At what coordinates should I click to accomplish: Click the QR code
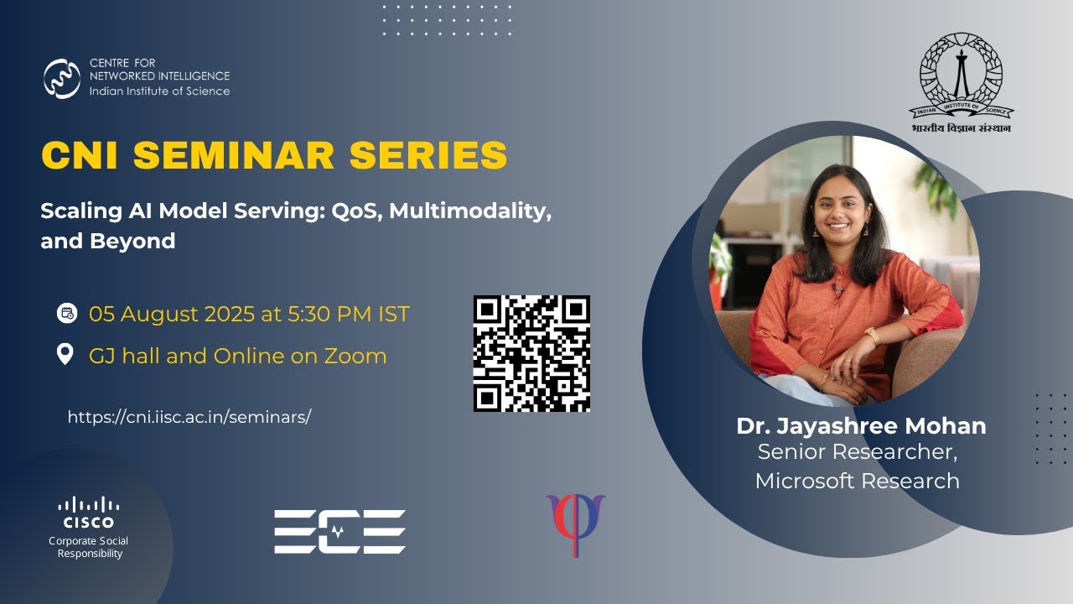tap(531, 353)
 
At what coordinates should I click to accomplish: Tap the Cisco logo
tap(88, 513)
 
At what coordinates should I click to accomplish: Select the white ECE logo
tap(340, 532)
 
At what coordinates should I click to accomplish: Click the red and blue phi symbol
tap(575, 523)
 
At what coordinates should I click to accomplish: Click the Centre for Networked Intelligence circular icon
tap(62, 79)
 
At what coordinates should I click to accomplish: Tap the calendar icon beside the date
tap(66, 314)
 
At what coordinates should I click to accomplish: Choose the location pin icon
tap(65, 355)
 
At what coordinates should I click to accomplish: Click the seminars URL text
tap(189, 417)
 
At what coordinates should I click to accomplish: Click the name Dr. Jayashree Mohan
tap(861, 426)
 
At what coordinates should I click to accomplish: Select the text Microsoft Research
tap(857, 481)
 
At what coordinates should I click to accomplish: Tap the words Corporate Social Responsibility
tap(88, 547)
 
